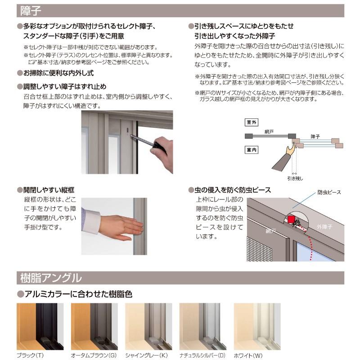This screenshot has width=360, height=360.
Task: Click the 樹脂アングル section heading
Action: pos(51,277)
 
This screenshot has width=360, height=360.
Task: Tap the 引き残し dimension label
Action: pos(295,178)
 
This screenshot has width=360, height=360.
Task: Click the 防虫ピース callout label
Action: pos(329,192)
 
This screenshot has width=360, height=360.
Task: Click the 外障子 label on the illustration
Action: pos(324,226)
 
